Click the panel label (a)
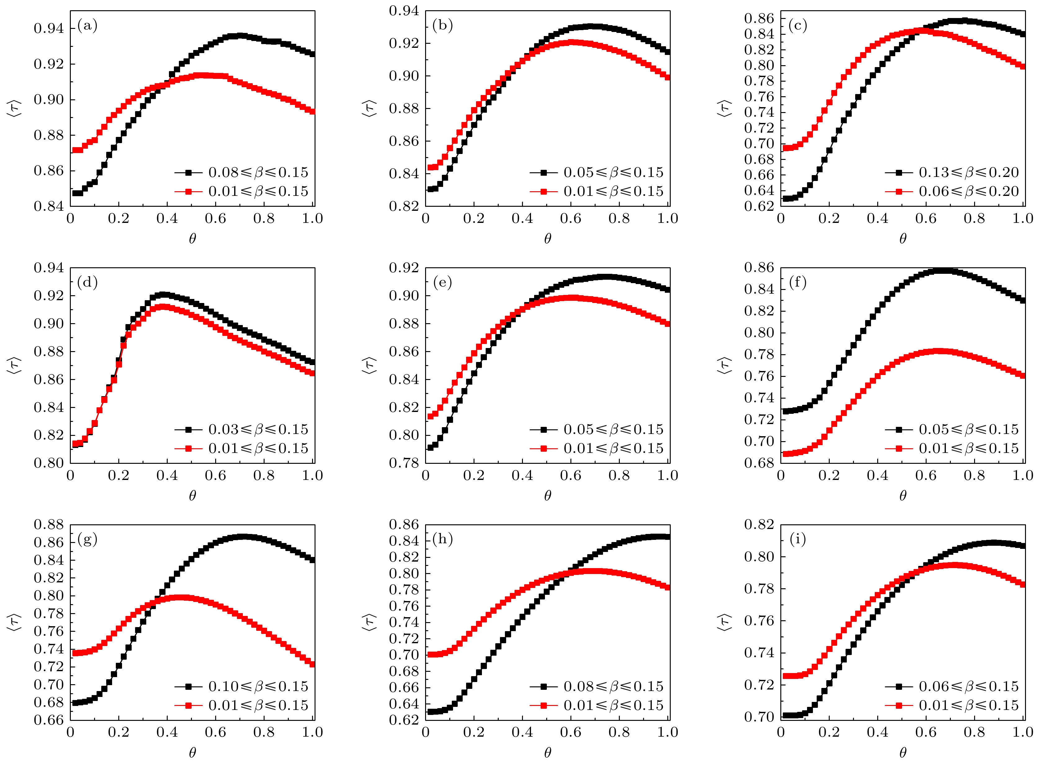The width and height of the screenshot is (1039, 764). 88,25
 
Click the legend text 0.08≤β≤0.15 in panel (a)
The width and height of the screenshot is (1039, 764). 258,173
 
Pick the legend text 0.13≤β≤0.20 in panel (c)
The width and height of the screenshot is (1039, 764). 969,173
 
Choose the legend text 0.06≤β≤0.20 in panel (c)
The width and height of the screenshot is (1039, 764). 969,192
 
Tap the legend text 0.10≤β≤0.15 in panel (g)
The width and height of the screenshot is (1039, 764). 258,686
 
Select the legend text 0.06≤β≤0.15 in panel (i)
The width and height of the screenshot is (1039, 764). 969,686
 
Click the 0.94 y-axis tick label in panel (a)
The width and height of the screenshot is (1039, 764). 48,29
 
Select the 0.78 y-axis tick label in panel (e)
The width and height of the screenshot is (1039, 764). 404,463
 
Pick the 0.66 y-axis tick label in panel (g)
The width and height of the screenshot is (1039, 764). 48,720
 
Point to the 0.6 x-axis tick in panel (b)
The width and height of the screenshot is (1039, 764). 570,218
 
